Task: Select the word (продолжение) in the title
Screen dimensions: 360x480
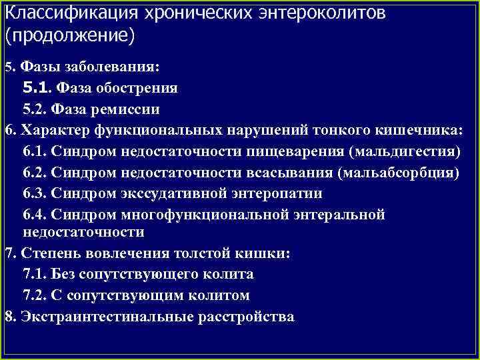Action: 69,35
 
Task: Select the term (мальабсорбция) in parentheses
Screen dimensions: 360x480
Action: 399,173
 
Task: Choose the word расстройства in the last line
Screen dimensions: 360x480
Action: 246,317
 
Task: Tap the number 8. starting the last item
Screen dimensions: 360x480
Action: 10,317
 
